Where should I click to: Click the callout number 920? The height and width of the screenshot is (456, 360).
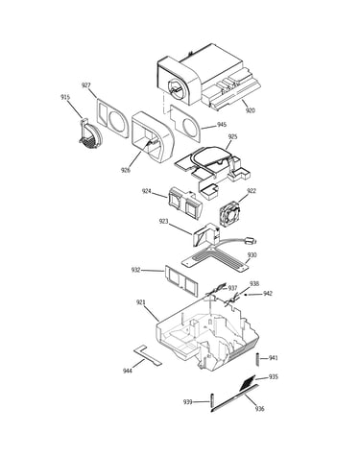[x=251, y=110]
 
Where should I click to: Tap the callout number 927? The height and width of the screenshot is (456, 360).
[x=85, y=85]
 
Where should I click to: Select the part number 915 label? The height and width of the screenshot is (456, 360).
[x=65, y=97]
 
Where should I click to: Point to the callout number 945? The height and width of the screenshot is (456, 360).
[x=222, y=125]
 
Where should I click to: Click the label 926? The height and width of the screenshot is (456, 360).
[x=126, y=170]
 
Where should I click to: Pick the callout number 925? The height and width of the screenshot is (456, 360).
[x=232, y=136]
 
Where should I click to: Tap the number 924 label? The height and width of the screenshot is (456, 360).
[x=147, y=191]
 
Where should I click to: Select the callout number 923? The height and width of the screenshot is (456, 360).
[x=163, y=221]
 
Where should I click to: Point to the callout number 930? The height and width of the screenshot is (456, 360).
[x=252, y=255]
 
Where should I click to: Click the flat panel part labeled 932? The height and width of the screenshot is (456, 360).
[x=181, y=280]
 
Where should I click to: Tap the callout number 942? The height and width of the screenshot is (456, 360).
[x=268, y=294]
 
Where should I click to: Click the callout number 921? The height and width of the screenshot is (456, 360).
[x=141, y=302]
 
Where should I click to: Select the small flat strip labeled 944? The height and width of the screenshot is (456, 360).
[x=148, y=355]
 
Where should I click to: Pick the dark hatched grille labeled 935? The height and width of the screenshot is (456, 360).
[x=248, y=383]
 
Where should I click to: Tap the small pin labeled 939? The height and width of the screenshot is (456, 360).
[x=212, y=402]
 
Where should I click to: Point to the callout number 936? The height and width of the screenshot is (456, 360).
[x=260, y=409]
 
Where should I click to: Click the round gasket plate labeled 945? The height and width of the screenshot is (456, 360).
[x=186, y=124]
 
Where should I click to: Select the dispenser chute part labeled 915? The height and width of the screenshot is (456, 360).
[x=89, y=133]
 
